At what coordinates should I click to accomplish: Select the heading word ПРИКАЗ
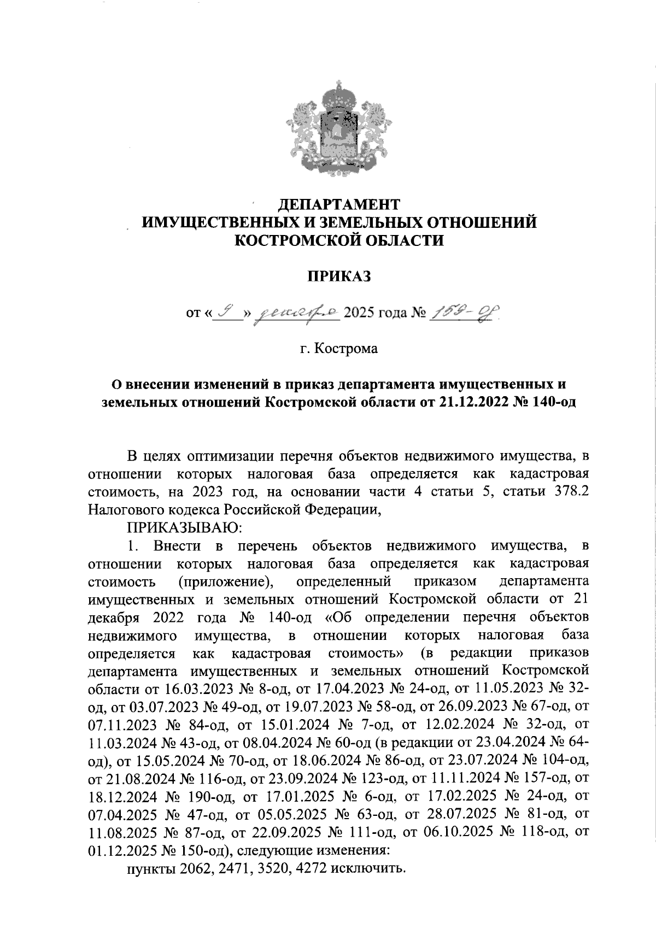pyautogui.click(x=339, y=276)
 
